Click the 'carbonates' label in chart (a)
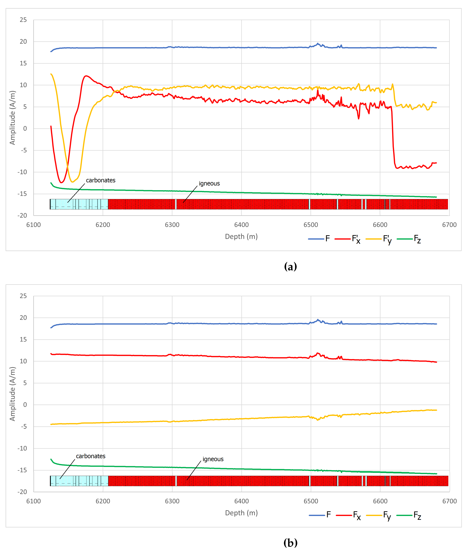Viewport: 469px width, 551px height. pos(100,180)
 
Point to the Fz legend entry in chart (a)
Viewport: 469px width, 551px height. pos(417,239)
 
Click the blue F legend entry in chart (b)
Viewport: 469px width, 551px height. pos(328,515)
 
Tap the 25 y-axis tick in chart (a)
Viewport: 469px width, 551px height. pos(23,20)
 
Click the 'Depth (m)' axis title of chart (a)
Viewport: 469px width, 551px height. pos(241,236)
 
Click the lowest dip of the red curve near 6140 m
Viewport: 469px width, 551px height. pos(61,182)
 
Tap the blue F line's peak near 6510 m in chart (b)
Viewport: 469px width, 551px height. pos(317,320)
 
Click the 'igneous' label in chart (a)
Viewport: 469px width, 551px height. pos(209,184)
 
